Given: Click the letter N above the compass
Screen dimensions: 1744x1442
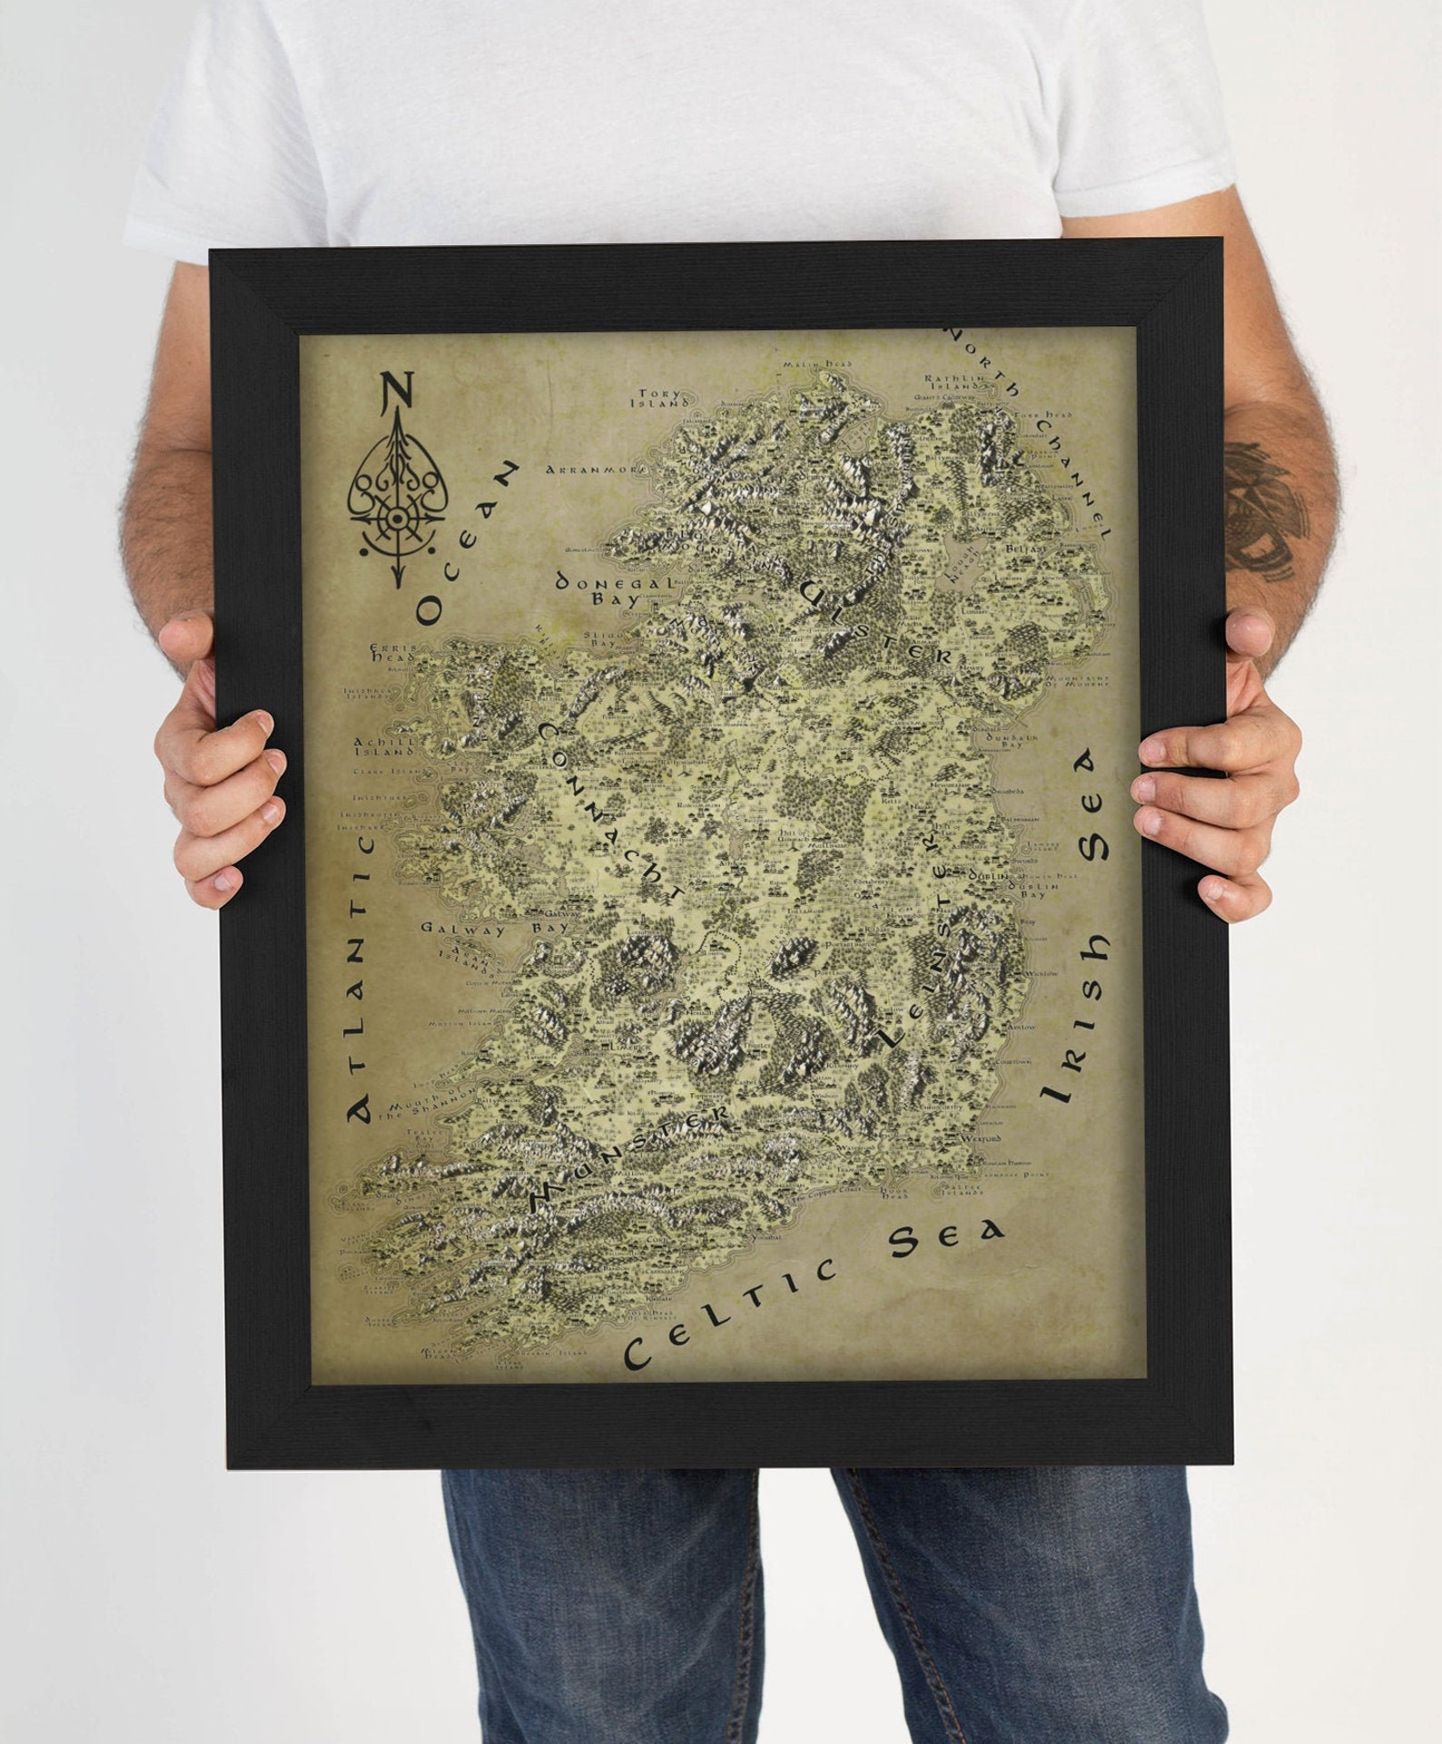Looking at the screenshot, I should [x=397, y=389].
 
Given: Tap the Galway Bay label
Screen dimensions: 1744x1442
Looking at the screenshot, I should [x=494, y=929].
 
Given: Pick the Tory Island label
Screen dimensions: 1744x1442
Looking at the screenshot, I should [x=659, y=399].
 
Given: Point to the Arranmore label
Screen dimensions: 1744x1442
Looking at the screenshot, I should [x=596, y=469].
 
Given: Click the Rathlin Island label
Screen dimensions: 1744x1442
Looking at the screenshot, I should [x=953, y=382].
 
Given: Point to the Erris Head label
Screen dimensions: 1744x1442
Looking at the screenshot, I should [x=394, y=654].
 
